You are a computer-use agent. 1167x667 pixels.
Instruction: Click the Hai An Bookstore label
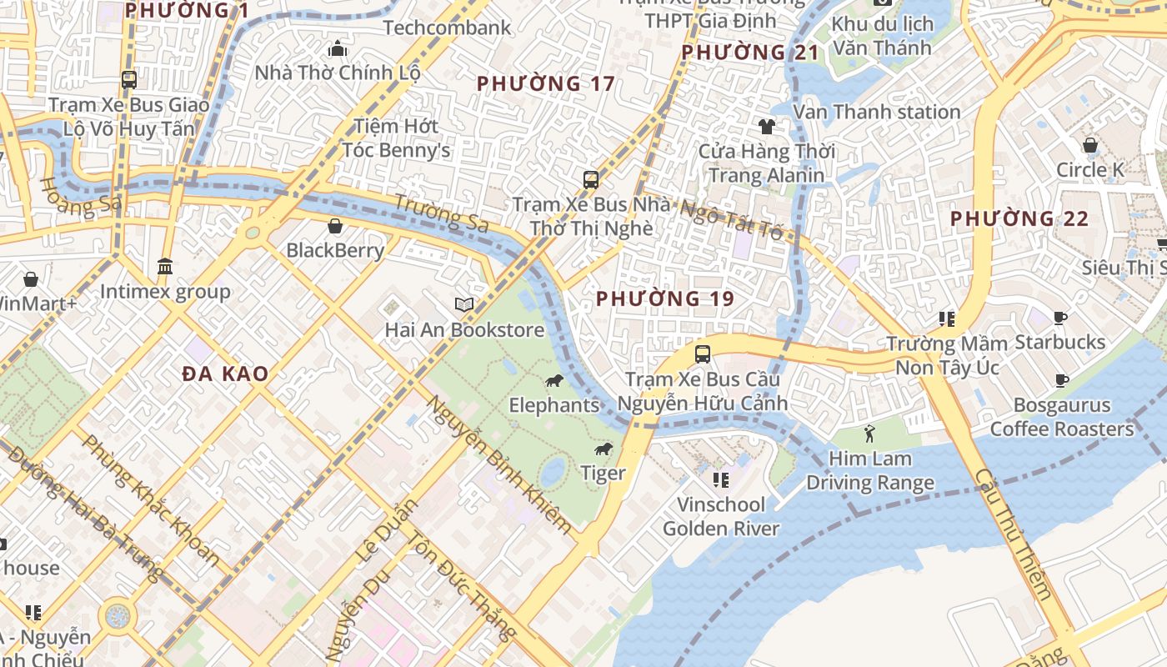[x=464, y=330]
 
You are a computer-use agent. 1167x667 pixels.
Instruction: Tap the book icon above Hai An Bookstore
[x=464, y=305]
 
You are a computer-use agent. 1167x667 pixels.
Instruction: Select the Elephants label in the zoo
[x=554, y=405]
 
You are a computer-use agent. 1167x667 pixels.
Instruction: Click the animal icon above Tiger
[x=604, y=450]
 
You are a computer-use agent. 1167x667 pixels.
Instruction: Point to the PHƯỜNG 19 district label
[x=665, y=298]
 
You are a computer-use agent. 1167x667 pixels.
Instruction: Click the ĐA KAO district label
[x=226, y=374]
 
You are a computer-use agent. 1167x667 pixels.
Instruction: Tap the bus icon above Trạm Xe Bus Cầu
[x=703, y=354]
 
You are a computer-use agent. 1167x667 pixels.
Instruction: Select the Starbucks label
[x=1059, y=342]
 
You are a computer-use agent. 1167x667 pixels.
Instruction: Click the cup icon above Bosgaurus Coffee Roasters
[x=1062, y=381]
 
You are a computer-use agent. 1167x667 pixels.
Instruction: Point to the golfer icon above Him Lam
[x=870, y=434]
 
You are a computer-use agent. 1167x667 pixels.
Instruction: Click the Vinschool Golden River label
[x=721, y=516]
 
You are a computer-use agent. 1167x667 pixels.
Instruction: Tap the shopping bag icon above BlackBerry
[x=335, y=226]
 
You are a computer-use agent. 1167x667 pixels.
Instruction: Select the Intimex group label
[x=165, y=292]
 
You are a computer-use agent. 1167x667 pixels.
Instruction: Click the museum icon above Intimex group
[x=165, y=267]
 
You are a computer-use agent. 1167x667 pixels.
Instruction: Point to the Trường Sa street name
[x=441, y=213]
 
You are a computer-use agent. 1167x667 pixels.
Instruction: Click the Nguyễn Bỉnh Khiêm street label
[x=499, y=464]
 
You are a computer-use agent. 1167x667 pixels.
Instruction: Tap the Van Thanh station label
[x=877, y=112]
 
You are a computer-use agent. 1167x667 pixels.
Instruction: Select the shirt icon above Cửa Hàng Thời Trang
[x=766, y=127]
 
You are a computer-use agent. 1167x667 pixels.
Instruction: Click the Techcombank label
[x=447, y=28]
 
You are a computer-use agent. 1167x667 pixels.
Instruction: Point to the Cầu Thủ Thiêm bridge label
[x=1013, y=534]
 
